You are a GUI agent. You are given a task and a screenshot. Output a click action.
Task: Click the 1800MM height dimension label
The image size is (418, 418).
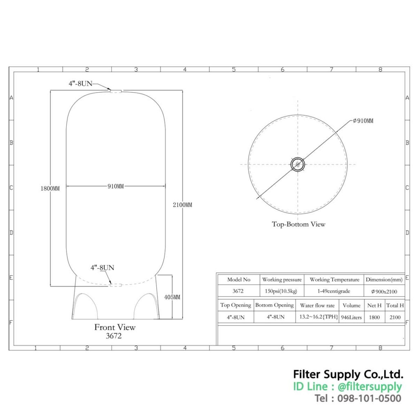pyautogui.click(x=50, y=189)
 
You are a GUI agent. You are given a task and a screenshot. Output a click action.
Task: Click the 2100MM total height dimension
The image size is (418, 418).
pyautogui.click(x=182, y=205)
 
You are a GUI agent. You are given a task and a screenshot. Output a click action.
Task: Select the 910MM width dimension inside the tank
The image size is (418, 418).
pyautogui.click(x=116, y=186)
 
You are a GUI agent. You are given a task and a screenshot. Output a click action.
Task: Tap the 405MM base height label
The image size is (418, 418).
pyautogui.click(x=172, y=297)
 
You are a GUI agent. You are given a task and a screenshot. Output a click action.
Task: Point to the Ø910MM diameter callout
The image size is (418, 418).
pyautogui.click(x=363, y=120)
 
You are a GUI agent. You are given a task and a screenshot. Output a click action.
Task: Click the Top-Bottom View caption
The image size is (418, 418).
pyautogui.click(x=298, y=224)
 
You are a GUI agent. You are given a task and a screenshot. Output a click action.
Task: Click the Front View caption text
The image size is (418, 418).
pyautogui.click(x=115, y=327)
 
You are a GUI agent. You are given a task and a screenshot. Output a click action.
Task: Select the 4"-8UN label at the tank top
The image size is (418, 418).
pyautogui.click(x=80, y=83)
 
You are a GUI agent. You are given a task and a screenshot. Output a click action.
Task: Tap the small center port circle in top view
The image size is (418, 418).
pyautogui.click(x=298, y=165)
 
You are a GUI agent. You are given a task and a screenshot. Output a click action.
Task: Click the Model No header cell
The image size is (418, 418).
pyautogui.click(x=239, y=280)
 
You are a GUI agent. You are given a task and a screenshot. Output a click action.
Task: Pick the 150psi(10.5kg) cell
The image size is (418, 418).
pyautogui.click(x=282, y=291)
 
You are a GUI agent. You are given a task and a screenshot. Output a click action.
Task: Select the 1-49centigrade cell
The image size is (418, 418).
pyautogui.click(x=334, y=291)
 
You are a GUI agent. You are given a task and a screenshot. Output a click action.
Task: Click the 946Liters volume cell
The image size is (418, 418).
pyautogui.click(x=351, y=317)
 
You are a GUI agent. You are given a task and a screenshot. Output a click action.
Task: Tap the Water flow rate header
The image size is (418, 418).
pyautogui.click(x=317, y=305)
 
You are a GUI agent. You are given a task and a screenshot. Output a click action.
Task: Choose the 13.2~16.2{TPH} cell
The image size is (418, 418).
pyautogui.click(x=317, y=317)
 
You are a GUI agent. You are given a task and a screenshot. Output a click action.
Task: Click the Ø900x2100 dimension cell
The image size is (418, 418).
pyautogui.click(x=384, y=291)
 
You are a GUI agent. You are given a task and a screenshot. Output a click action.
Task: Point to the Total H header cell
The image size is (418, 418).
pyautogui.click(x=395, y=305)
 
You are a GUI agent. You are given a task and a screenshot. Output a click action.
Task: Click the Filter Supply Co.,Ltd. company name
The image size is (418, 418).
pyautogui.click(x=348, y=374)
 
